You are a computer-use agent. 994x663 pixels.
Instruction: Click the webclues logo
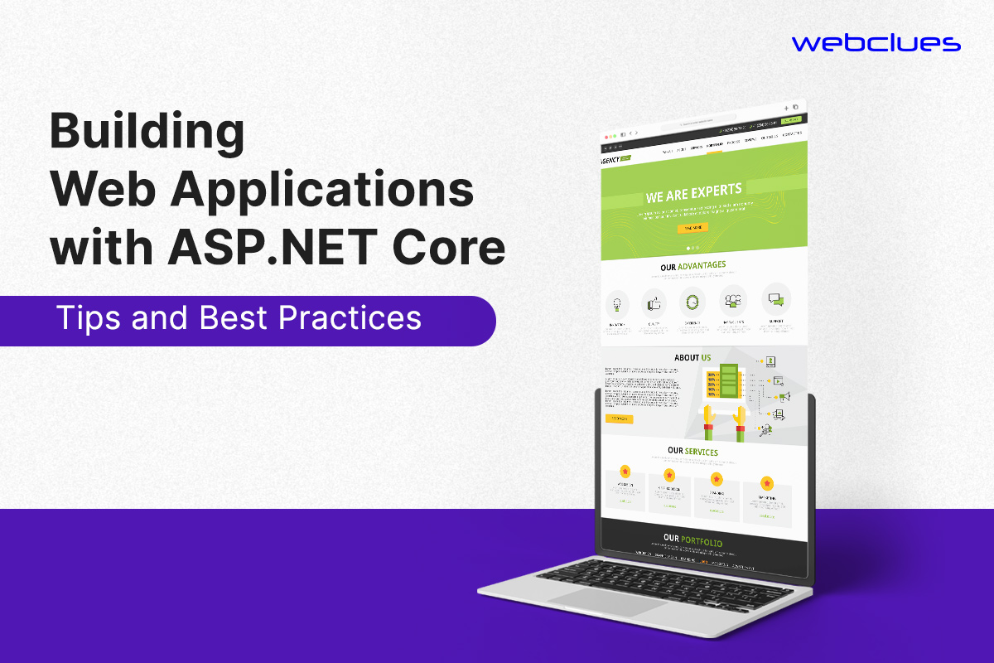[x=876, y=43]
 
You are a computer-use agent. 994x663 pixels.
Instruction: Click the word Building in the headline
[x=147, y=133]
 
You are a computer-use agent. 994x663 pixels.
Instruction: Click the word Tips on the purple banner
[x=86, y=318]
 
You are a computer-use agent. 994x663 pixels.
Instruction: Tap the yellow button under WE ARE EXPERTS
[x=692, y=228]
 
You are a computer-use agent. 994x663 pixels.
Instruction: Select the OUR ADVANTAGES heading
[x=693, y=266]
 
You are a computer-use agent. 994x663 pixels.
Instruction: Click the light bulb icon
[x=616, y=301]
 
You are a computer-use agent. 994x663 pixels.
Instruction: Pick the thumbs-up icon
[x=654, y=301]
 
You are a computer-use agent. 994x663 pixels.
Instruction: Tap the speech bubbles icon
[x=775, y=299]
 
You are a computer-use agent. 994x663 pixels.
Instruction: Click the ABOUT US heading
[x=692, y=358]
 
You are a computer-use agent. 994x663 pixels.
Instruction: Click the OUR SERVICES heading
[x=692, y=452]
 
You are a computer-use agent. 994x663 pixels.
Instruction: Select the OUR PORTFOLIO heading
[x=692, y=542]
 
